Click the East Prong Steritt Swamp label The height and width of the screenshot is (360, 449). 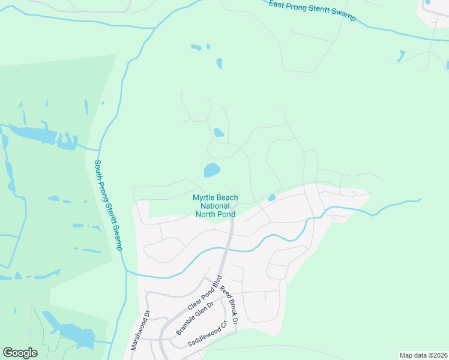(312, 11)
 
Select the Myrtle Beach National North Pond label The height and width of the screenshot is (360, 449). (215, 205)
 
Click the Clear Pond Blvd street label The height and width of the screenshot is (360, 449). (205, 293)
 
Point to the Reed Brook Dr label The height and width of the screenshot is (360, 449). (229, 305)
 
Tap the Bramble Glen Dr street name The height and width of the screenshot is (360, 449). (195, 318)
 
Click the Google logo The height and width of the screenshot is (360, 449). (20, 353)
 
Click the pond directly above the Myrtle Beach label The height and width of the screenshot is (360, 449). (212, 170)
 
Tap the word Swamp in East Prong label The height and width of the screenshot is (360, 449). (345, 17)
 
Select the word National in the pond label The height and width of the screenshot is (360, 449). (215, 205)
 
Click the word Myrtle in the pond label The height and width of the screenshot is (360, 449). (203, 197)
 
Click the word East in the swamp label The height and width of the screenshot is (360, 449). (276, 4)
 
